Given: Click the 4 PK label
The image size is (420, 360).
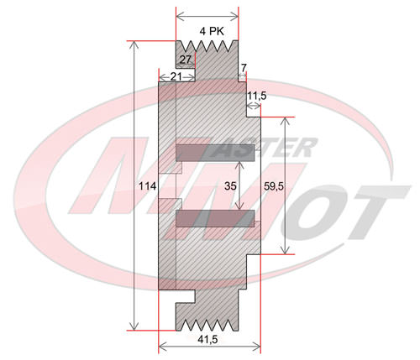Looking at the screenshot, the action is pyautogui.click(x=212, y=31).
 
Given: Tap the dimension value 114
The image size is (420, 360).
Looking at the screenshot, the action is pyautogui.click(x=148, y=186).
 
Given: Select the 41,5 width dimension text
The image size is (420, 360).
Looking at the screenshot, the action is pyautogui.click(x=207, y=340).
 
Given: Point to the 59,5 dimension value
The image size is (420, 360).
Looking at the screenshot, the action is pyautogui.click(x=274, y=186).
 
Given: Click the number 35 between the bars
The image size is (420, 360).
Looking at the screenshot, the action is pyautogui.click(x=230, y=186).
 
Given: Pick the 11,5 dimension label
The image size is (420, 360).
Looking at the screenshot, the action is pyautogui.click(x=257, y=96).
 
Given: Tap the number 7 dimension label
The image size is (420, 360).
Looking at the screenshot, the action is pyautogui.click(x=244, y=68).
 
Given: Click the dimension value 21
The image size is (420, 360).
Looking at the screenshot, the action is pyautogui.click(x=176, y=76).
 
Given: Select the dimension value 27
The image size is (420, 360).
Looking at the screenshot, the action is pyautogui.click(x=185, y=60).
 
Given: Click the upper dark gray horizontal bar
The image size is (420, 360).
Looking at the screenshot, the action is pyautogui.click(x=215, y=153).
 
